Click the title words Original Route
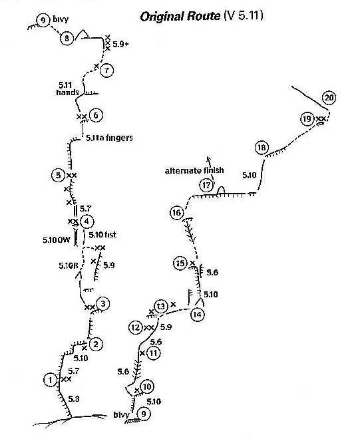[180, 16]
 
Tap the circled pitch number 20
[329, 98]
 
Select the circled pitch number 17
[206, 186]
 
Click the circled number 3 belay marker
[103, 304]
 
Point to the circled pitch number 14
[197, 315]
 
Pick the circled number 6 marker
[96, 115]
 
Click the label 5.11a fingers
[109, 138]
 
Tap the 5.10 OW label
[57, 240]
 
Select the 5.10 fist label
[102, 235]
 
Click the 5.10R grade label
[68, 265]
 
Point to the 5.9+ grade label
[120, 44]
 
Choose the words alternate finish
[194, 170]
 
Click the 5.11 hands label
[67, 88]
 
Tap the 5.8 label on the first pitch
[74, 399]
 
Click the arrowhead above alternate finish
[208, 158]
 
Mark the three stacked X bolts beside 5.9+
[107, 43]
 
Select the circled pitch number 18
[262, 148]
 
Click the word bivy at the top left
[61, 19]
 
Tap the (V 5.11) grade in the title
[244, 15]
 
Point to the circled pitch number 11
[154, 353]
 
